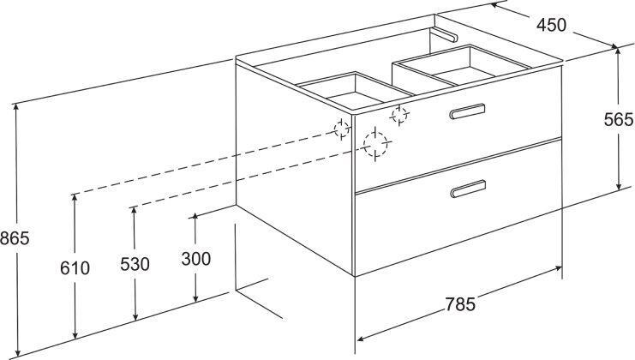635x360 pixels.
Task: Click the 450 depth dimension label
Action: coord(551,25)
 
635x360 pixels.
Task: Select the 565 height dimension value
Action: coord(619,119)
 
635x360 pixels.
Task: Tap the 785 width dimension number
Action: coord(460,304)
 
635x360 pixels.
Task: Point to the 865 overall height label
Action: coord(15,238)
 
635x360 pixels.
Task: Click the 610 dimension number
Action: coord(75,268)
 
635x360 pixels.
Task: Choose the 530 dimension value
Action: coord(135,264)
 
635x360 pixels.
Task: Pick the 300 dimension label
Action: coord(196,259)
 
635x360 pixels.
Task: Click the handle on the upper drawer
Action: coord(467,111)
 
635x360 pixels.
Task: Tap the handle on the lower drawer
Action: coord(468,189)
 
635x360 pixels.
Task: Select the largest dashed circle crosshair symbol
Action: coord(375,144)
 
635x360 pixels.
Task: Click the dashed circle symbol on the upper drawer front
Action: coord(399,116)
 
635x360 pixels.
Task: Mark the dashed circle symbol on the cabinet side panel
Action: coord(342,129)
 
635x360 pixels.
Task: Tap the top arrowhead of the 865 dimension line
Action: coord(15,107)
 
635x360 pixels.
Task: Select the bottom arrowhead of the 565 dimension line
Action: coord(619,186)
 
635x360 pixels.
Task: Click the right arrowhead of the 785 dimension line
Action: coord(558,268)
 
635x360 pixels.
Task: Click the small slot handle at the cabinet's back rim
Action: coord(445,35)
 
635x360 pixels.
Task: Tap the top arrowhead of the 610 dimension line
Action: coord(75,198)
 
